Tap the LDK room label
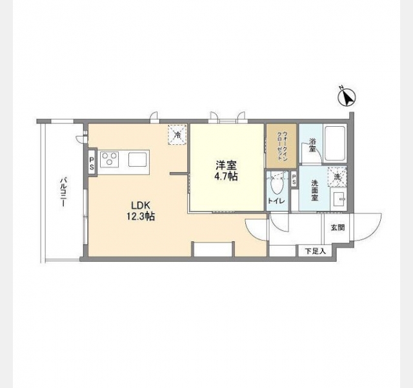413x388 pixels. [141, 206]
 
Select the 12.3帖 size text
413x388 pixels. [141, 217]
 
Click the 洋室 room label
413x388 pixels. [226, 166]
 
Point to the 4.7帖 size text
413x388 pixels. [226, 177]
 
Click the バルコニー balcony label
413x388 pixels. [63, 192]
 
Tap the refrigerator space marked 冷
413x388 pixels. [177, 135]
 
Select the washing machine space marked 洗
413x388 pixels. [337, 177]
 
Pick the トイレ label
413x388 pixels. [276, 201]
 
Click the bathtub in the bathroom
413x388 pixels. [335, 144]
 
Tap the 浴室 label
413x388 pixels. [312, 145]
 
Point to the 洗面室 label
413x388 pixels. [314, 190]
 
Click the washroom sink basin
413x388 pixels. [338, 199]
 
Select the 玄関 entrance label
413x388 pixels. [337, 227]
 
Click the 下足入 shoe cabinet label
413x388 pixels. [316, 251]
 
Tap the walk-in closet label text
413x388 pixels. [281, 145]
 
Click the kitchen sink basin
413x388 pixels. [137, 160]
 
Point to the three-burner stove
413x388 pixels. [109, 159]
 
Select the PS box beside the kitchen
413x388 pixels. [92, 163]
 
